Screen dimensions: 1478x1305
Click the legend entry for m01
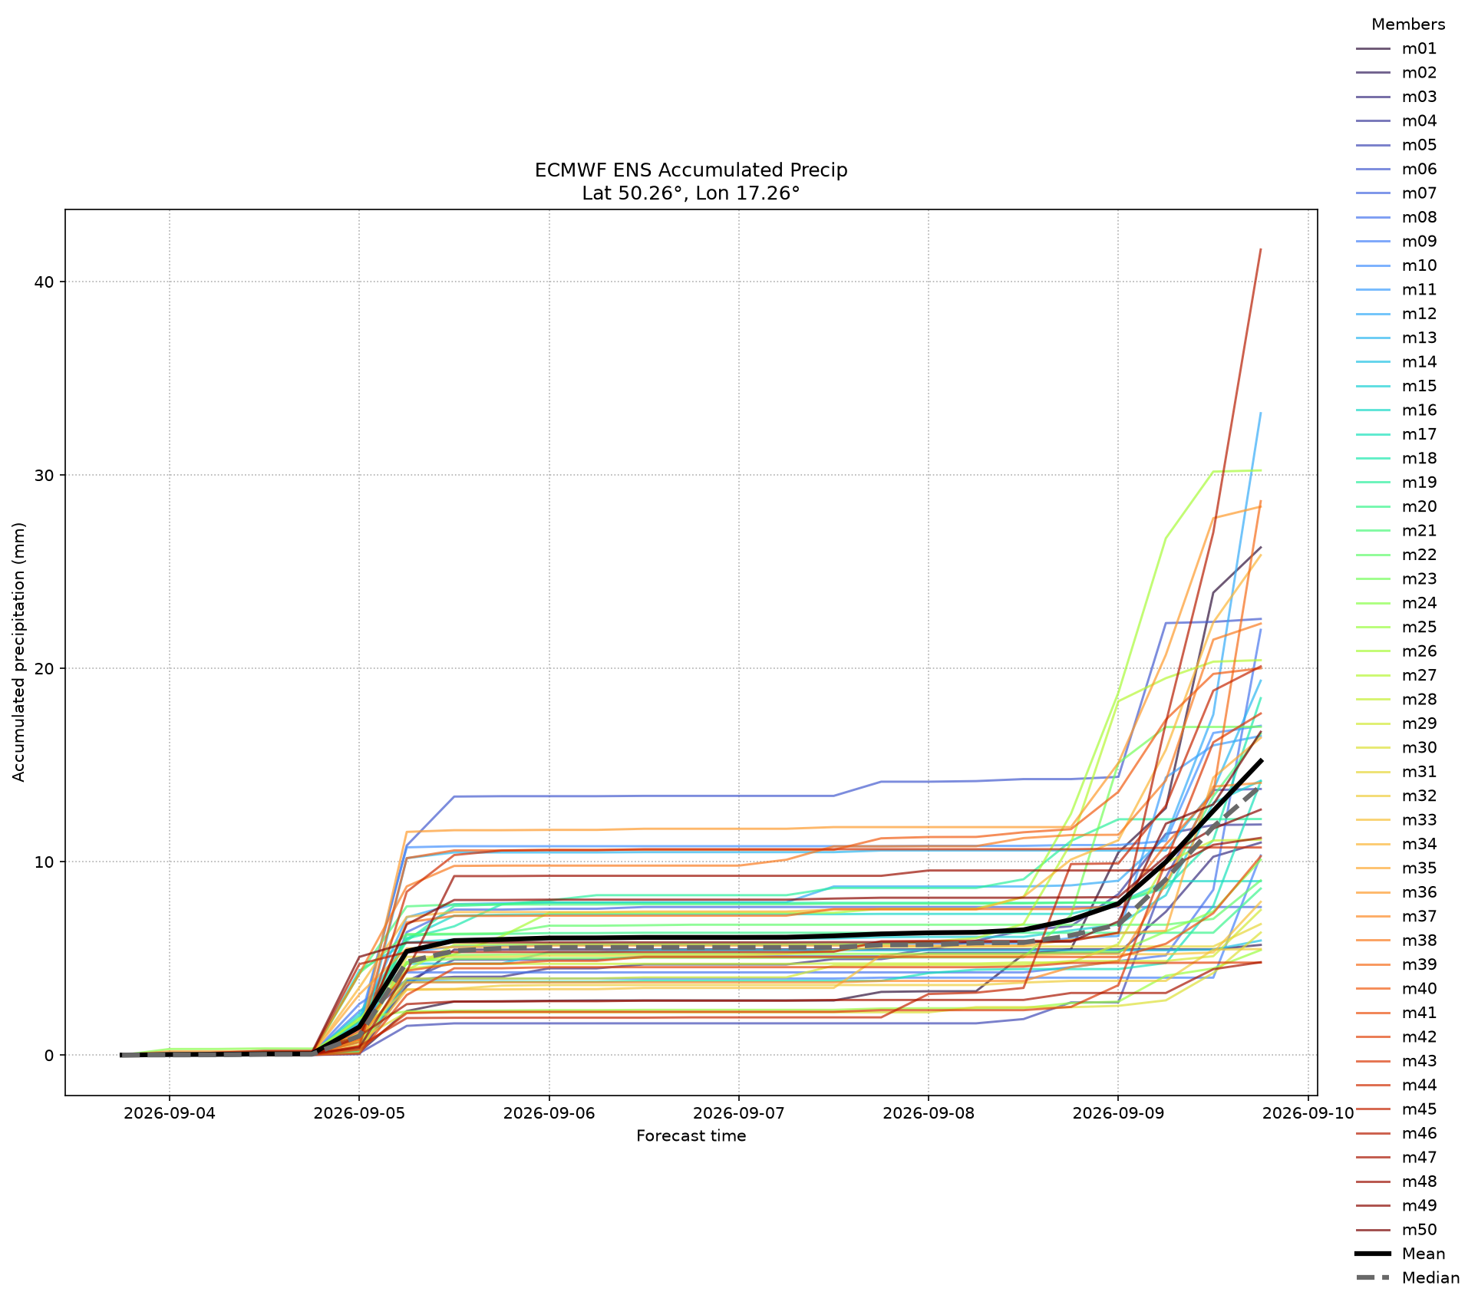pyautogui.click(x=1396, y=48)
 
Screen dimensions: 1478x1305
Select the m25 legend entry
pyautogui.click(x=1396, y=627)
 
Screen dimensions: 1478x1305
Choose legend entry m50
pyautogui.click(x=1396, y=1230)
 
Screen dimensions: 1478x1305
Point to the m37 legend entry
pyautogui.click(x=1396, y=916)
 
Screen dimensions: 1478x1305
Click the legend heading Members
pyautogui.click(x=1408, y=25)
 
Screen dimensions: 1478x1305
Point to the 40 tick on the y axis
pyautogui.click(x=45, y=282)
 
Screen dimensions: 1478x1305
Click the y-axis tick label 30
pyautogui.click(x=45, y=476)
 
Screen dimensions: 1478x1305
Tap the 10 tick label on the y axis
pyautogui.click(x=45, y=862)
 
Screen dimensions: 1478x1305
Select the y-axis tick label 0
pyautogui.click(x=50, y=1056)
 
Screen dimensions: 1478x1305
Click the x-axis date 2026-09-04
pyautogui.click(x=170, y=1114)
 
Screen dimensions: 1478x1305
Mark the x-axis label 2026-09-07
pyautogui.click(x=739, y=1114)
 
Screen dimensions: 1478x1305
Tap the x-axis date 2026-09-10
pyautogui.click(x=1308, y=1114)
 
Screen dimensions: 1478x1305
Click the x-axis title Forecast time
pyautogui.click(x=691, y=1136)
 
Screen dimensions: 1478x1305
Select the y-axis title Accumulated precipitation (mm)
pyautogui.click(x=19, y=652)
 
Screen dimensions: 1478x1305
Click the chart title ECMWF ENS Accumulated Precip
pyautogui.click(x=691, y=170)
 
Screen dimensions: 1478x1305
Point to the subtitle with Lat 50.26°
pyautogui.click(x=691, y=193)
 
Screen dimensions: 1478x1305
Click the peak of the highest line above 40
pyautogui.click(x=1261, y=249)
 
